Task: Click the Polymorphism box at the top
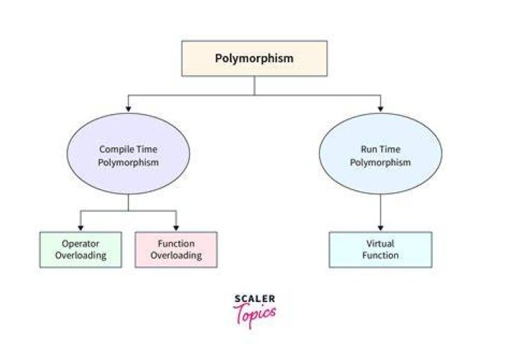pos(255,59)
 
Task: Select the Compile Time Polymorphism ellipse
pos(128,153)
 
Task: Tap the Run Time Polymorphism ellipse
pos(380,153)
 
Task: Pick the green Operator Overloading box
pos(81,250)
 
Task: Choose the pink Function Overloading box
pos(176,250)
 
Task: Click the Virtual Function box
pos(380,250)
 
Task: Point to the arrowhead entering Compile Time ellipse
pos(128,109)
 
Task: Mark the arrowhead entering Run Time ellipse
pos(380,109)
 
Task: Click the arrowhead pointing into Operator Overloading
pos(81,228)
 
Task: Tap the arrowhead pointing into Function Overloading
pos(176,228)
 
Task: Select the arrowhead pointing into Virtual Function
pos(380,228)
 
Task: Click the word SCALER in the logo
pos(255,298)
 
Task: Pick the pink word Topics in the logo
pos(255,314)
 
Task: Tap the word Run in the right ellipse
pos(368,149)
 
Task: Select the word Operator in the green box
pos(81,244)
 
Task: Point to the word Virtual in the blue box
pos(380,243)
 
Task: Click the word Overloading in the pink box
pos(176,255)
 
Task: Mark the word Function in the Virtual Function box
pos(380,255)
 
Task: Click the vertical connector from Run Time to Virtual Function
pos(380,209)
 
